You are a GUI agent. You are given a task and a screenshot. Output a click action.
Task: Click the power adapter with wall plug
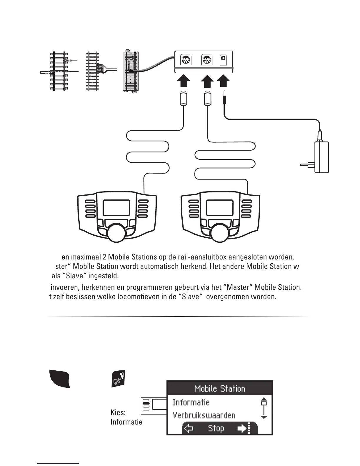(x=321, y=157)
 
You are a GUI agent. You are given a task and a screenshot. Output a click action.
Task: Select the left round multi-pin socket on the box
(x=185, y=60)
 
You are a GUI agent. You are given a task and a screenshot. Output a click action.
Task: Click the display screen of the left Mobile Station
(x=116, y=208)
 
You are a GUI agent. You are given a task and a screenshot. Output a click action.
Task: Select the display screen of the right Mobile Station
(x=220, y=208)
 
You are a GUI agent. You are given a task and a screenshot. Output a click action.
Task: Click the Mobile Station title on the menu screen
(x=220, y=389)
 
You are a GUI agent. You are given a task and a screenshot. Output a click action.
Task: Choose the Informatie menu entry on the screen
(x=191, y=402)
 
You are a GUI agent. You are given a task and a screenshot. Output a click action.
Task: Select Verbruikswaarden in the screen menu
(x=204, y=415)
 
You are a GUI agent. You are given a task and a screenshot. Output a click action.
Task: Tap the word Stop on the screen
(x=216, y=428)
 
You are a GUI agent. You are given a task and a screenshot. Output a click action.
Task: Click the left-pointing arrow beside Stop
(x=189, y=429)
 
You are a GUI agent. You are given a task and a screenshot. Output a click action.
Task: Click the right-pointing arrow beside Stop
(x=242, y=429)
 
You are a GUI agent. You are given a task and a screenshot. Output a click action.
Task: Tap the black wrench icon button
(x=118, y=379)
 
